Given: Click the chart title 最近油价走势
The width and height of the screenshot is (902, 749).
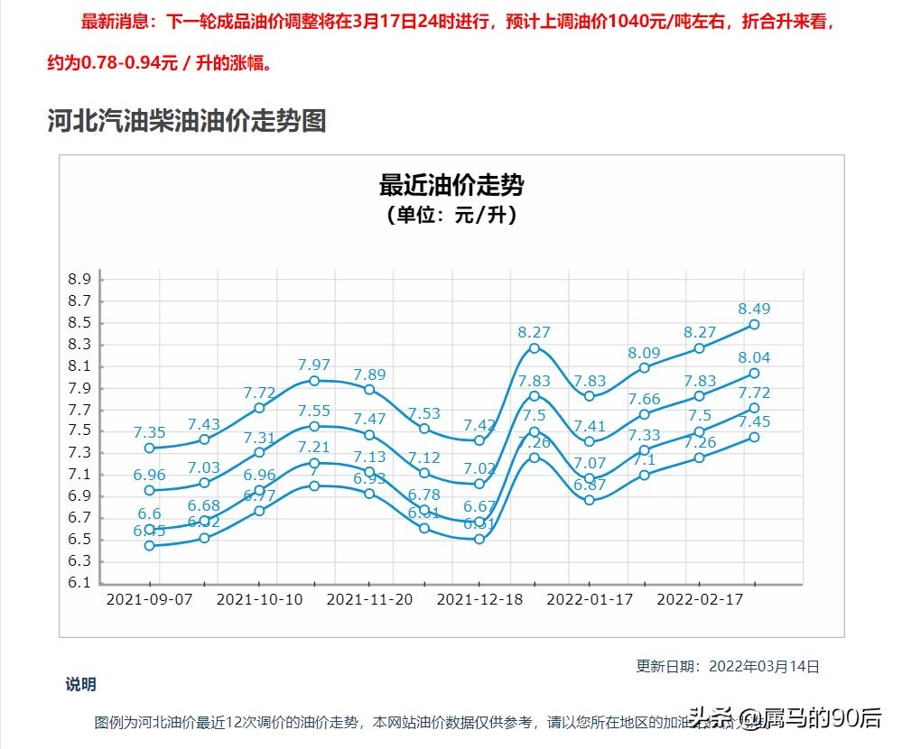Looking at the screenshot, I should click(451, 186).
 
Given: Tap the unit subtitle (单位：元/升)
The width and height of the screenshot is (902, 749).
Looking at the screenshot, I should click(451, 215).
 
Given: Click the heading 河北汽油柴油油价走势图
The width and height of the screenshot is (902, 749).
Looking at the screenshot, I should click(187, 120).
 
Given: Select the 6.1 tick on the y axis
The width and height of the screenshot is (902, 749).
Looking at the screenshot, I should click(79, 583).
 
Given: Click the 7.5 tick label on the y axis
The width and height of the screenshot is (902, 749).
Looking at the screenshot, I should click(79, 431).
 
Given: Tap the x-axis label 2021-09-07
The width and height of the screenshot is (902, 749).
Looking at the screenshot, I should click(149, 598).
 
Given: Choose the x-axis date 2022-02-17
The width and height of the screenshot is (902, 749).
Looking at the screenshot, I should click(699, 598).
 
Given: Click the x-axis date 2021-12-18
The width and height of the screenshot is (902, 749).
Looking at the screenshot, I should click(479, 598).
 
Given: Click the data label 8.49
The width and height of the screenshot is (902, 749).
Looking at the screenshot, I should click(754, 310).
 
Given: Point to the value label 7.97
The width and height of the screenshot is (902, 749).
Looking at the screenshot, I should click(314, 365).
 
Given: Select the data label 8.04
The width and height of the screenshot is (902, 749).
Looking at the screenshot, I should click(754, 358).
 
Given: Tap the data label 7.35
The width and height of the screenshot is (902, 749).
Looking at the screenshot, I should click(149, 433).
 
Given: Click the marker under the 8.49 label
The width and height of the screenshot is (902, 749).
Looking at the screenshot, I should click(754, 324).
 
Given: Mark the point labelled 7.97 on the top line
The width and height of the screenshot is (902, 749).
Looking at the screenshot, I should click(314, 381).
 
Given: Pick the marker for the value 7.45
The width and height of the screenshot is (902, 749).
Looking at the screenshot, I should click(754, 438).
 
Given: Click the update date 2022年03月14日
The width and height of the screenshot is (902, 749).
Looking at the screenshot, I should click(764, 667).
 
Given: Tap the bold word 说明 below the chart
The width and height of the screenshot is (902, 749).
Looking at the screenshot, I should click(80, 685).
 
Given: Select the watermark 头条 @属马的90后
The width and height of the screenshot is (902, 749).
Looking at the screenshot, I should click(786, 718).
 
